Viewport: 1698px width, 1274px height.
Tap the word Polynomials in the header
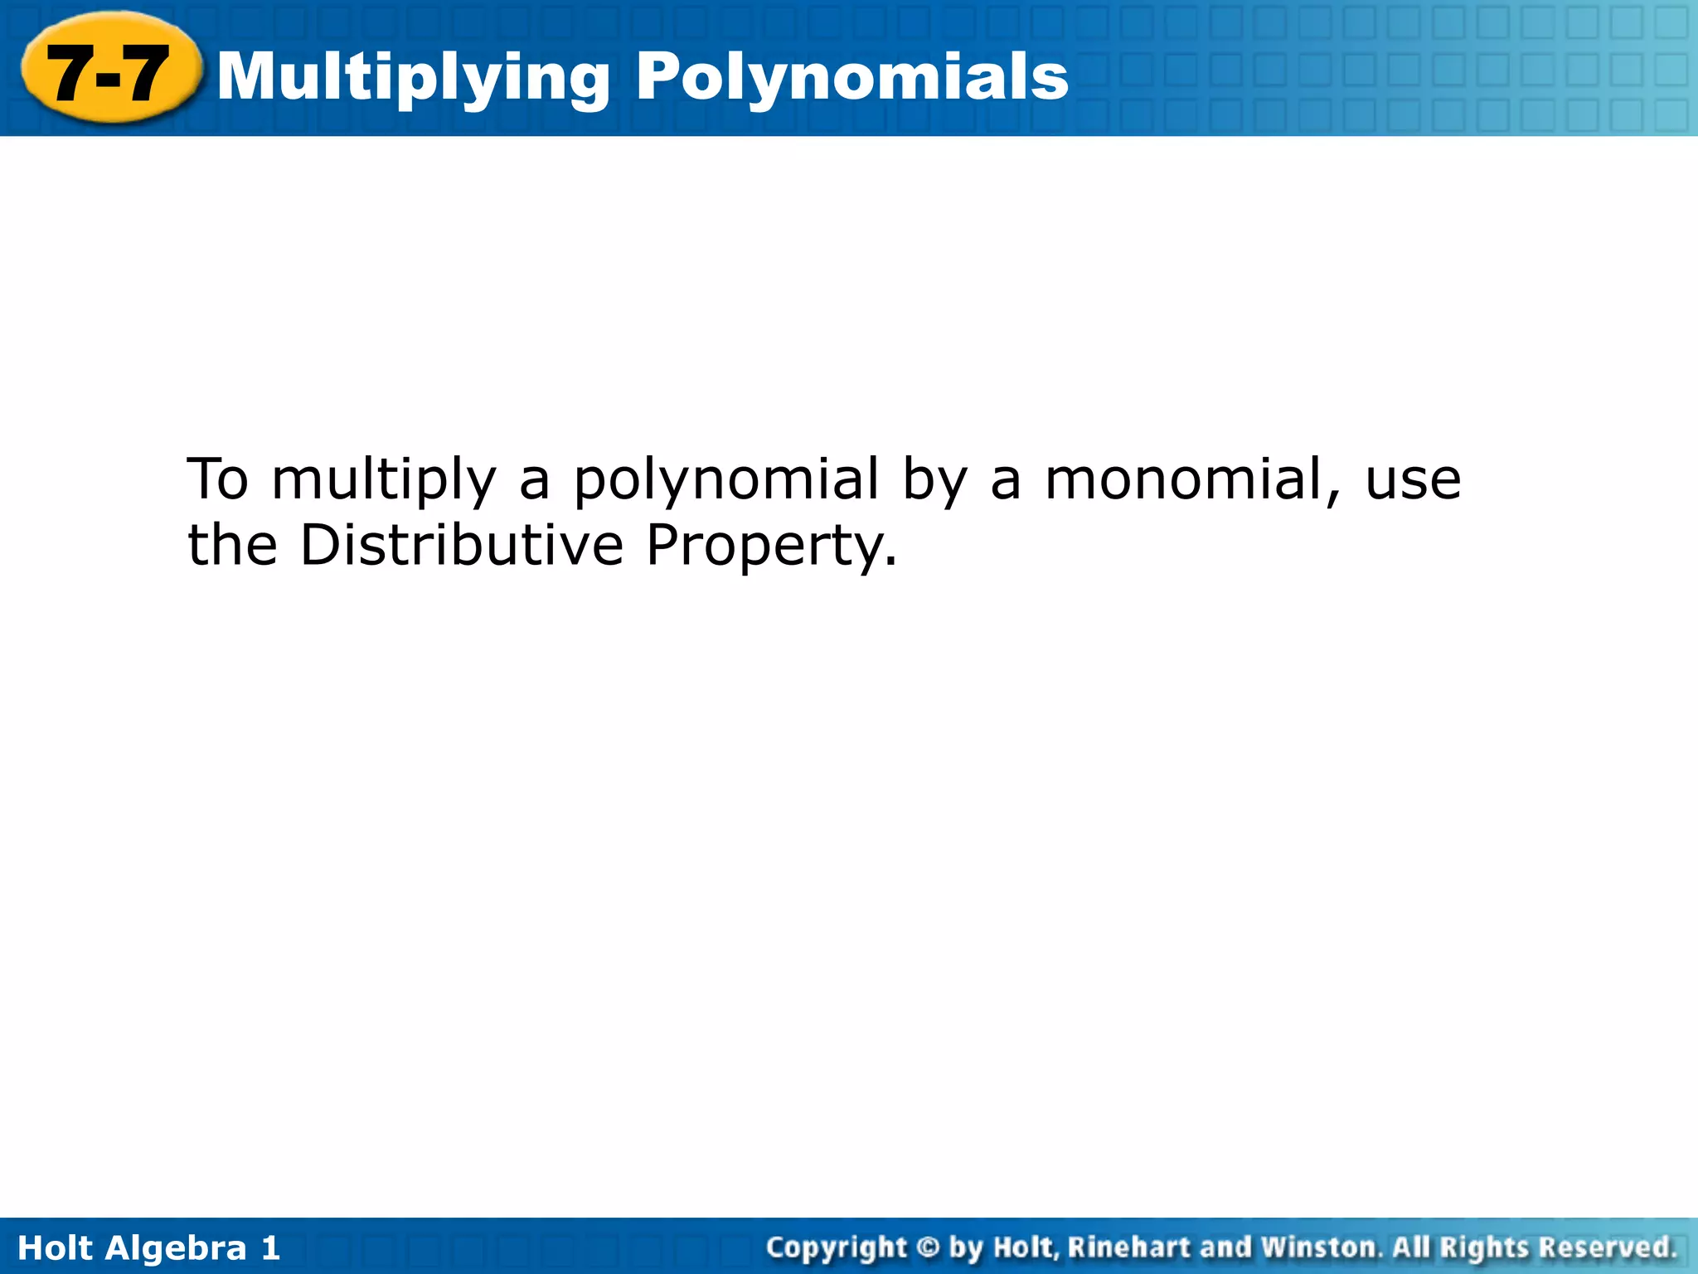click(x=852, y=77)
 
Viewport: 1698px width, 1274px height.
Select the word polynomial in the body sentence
click(x=725, y=480)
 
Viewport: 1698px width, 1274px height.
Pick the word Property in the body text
click(x=771, y=547)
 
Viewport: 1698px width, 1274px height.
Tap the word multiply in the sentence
click(x=383, y=480)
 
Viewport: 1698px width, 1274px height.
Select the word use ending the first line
click(x=1413, y=480)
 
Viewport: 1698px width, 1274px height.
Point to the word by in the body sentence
click(x=934, y=480)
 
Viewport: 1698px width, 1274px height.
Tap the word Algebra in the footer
click(x=177, y=1248)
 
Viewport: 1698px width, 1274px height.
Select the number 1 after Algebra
click(x=270, y=1248)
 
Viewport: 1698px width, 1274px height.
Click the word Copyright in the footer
click(x=837, y=1247)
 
